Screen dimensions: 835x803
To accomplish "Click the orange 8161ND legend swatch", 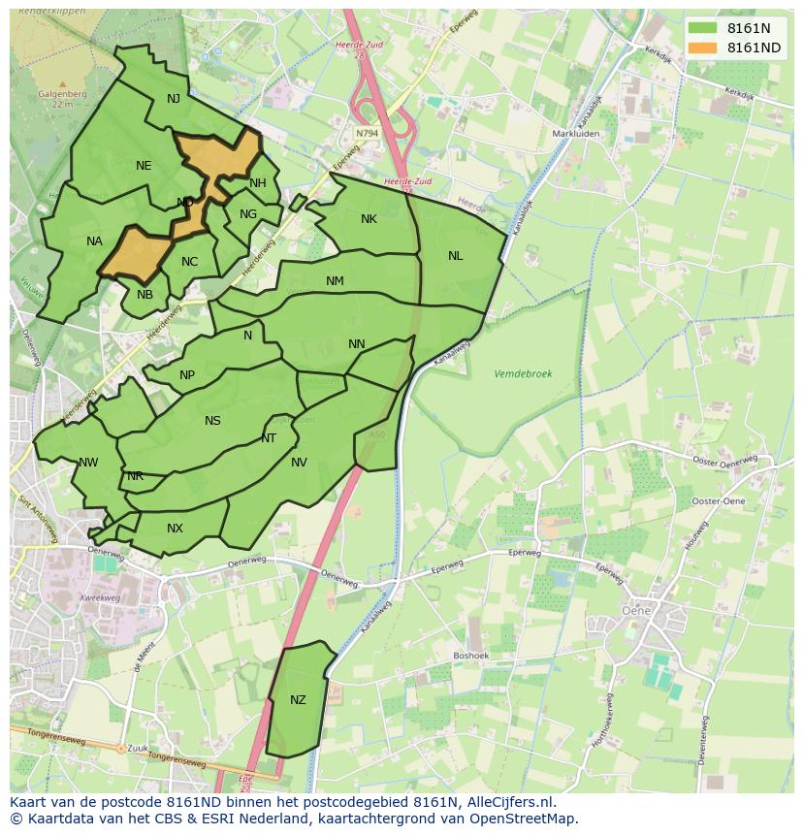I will [703, 48].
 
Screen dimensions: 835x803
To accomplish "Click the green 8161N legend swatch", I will [703, 28].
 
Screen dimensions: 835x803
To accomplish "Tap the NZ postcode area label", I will [298, 700].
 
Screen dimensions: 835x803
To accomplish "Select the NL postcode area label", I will [455, 256].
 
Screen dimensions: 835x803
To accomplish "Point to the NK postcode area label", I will [369, 219].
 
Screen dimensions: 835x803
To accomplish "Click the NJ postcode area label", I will [174, 99].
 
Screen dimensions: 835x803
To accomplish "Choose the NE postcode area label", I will [144, 166].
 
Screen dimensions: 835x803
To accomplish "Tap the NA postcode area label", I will [94, 241].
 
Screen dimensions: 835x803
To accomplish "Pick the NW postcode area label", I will [88, 463].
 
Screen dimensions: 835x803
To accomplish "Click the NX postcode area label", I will [175, 529].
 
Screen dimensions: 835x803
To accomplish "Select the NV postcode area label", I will [299, 463].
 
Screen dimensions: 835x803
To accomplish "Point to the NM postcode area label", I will [335, 281].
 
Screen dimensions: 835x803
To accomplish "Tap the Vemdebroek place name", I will [523, 373].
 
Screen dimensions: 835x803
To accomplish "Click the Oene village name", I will [636, 610].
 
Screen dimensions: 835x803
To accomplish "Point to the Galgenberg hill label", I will [63, 94].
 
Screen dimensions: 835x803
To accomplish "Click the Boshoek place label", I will [470, 656].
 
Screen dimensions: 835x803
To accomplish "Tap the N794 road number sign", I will [367, 133].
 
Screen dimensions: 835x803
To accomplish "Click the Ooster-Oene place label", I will [718, 500].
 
